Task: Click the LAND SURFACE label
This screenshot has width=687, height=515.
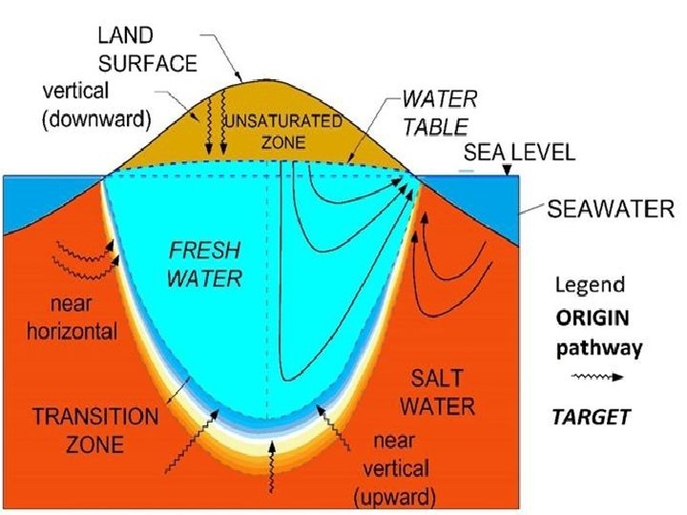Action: click(149, 51)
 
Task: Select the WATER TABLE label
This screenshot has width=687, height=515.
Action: click(434, 112)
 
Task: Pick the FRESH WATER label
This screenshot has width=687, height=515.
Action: click(205, 265)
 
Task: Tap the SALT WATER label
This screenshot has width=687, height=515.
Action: click(436, 392)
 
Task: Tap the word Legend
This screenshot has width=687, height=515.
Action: click(590, 285)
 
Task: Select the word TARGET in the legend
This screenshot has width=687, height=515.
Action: click(593, 416)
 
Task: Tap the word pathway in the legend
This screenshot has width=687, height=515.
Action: click(598, 348)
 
